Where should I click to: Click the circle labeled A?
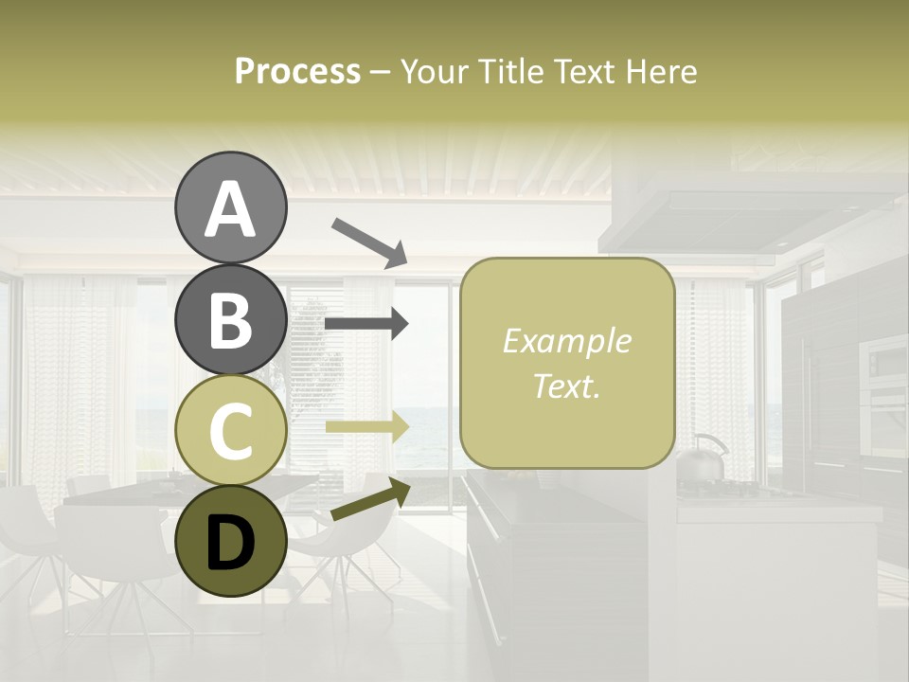click(230, 207)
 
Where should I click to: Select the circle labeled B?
click(230, 319)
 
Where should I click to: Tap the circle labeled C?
click(230, 430)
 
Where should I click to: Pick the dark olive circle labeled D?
click(230, 541)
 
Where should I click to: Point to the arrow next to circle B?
click(366, 324)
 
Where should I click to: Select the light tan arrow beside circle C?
click(366, 427)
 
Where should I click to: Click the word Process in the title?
click(297, 72)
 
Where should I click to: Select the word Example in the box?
click(566, 341)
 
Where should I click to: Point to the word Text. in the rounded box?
click(566, 386)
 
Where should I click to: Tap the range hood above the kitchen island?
click(748, 213)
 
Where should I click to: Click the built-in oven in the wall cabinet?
click(882, 379)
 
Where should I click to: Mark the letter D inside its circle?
click(230, 543)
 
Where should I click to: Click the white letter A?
click(230, 209)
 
